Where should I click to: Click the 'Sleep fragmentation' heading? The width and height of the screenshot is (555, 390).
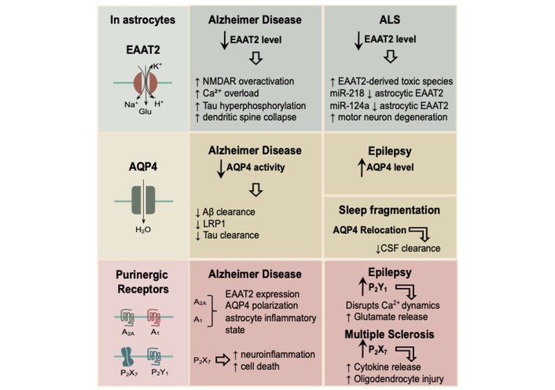385,212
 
